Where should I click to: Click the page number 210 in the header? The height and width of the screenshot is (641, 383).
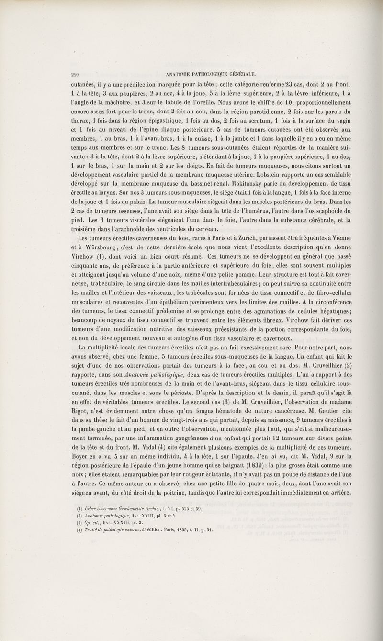(74, 74)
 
